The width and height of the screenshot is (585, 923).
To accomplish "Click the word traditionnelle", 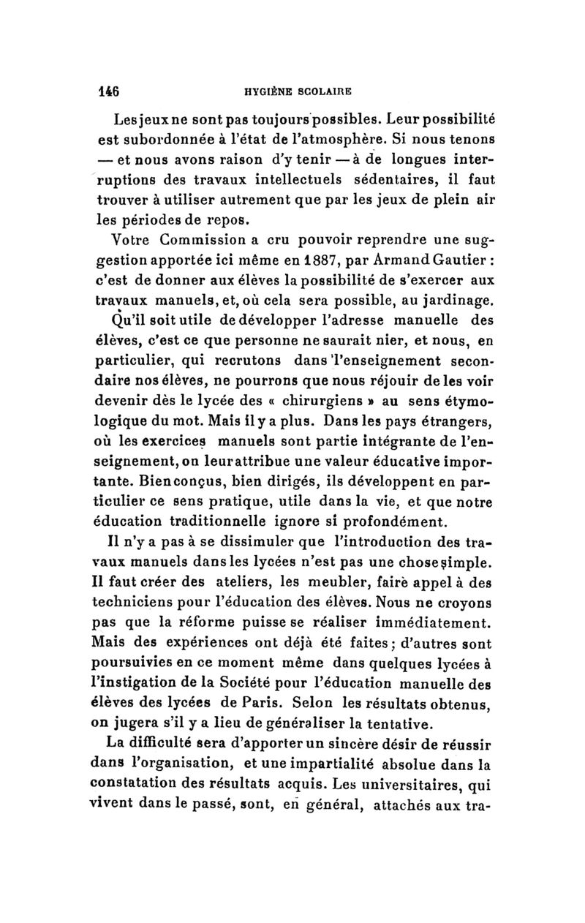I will [233, 522].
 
